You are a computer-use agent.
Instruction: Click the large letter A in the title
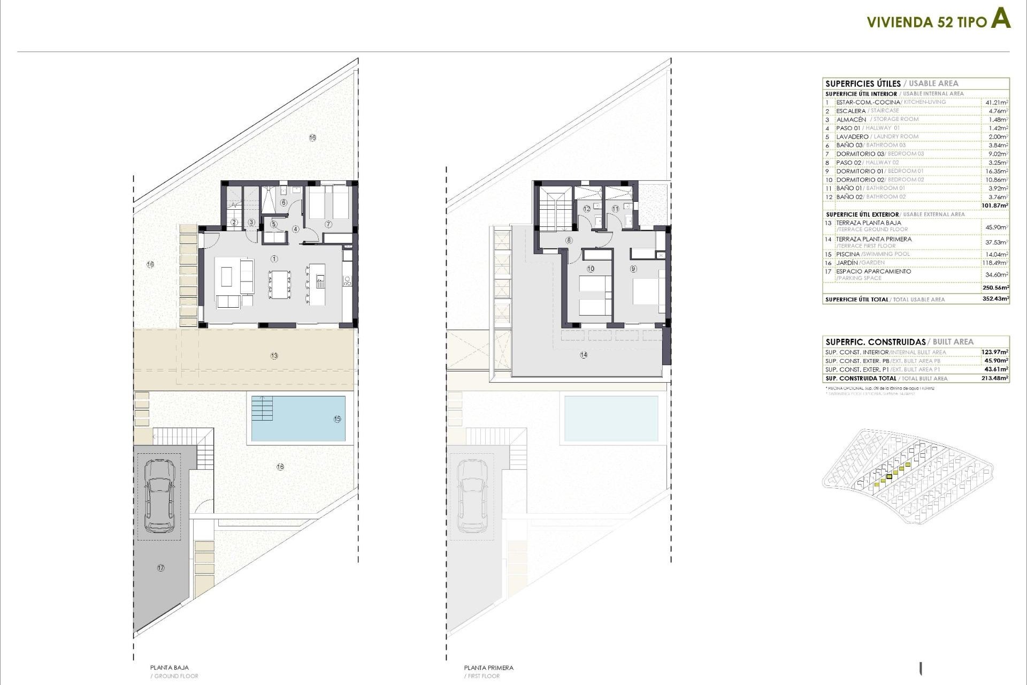click(x=1000, y=19)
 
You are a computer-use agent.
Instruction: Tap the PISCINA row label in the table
click(x=848, y=254)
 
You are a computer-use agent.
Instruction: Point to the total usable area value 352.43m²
click(x=995, y=299)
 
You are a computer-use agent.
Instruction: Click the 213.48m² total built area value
click(x=995, y=378)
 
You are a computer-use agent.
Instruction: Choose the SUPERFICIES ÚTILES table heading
click(x=863, y=83)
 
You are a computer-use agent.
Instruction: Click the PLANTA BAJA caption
click(x=169, y=667)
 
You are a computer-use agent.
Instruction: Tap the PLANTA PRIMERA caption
click(x=488, y=667)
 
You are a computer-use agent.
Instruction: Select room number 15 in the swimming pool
click(x=337, y=419)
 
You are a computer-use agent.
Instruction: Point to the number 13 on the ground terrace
click(x=274, y=356)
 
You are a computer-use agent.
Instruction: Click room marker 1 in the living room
click(x=274, y=259)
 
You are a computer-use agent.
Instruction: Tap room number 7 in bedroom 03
click(x=328, y=224)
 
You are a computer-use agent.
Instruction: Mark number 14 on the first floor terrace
click(x=584, y=355)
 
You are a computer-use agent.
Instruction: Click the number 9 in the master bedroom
click(x=633, y=269)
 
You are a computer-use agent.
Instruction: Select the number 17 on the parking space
click(x=160, y=568)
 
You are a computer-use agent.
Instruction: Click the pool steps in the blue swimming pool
click(x=262, y=408)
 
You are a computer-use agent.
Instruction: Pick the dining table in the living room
click(x=280, y=284)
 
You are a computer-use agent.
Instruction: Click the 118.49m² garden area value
click(x=997, y=263)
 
